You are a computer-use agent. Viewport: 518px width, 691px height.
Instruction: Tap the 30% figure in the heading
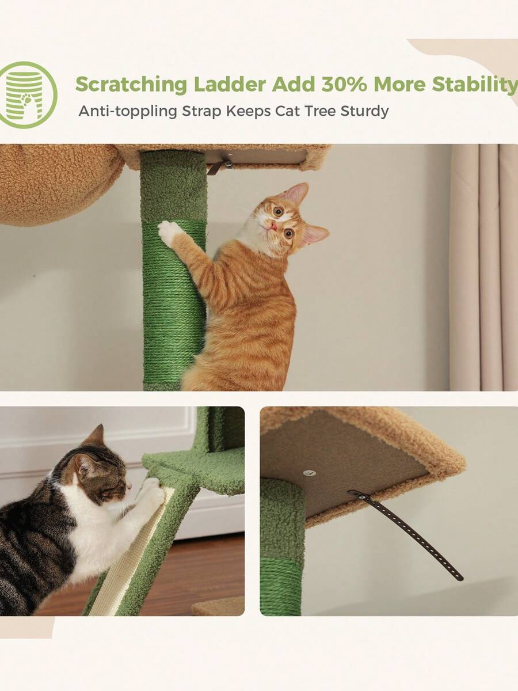click(x=344, y=84)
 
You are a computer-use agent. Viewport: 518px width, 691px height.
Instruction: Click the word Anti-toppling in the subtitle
click(x=128, y=112)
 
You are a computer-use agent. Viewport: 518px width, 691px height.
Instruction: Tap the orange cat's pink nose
click(x=274, y=226)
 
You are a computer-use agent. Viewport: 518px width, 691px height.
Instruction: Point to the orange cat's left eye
click(x=278, y=211)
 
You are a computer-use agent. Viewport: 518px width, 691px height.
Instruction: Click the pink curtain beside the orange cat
click(x=485, y=268)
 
